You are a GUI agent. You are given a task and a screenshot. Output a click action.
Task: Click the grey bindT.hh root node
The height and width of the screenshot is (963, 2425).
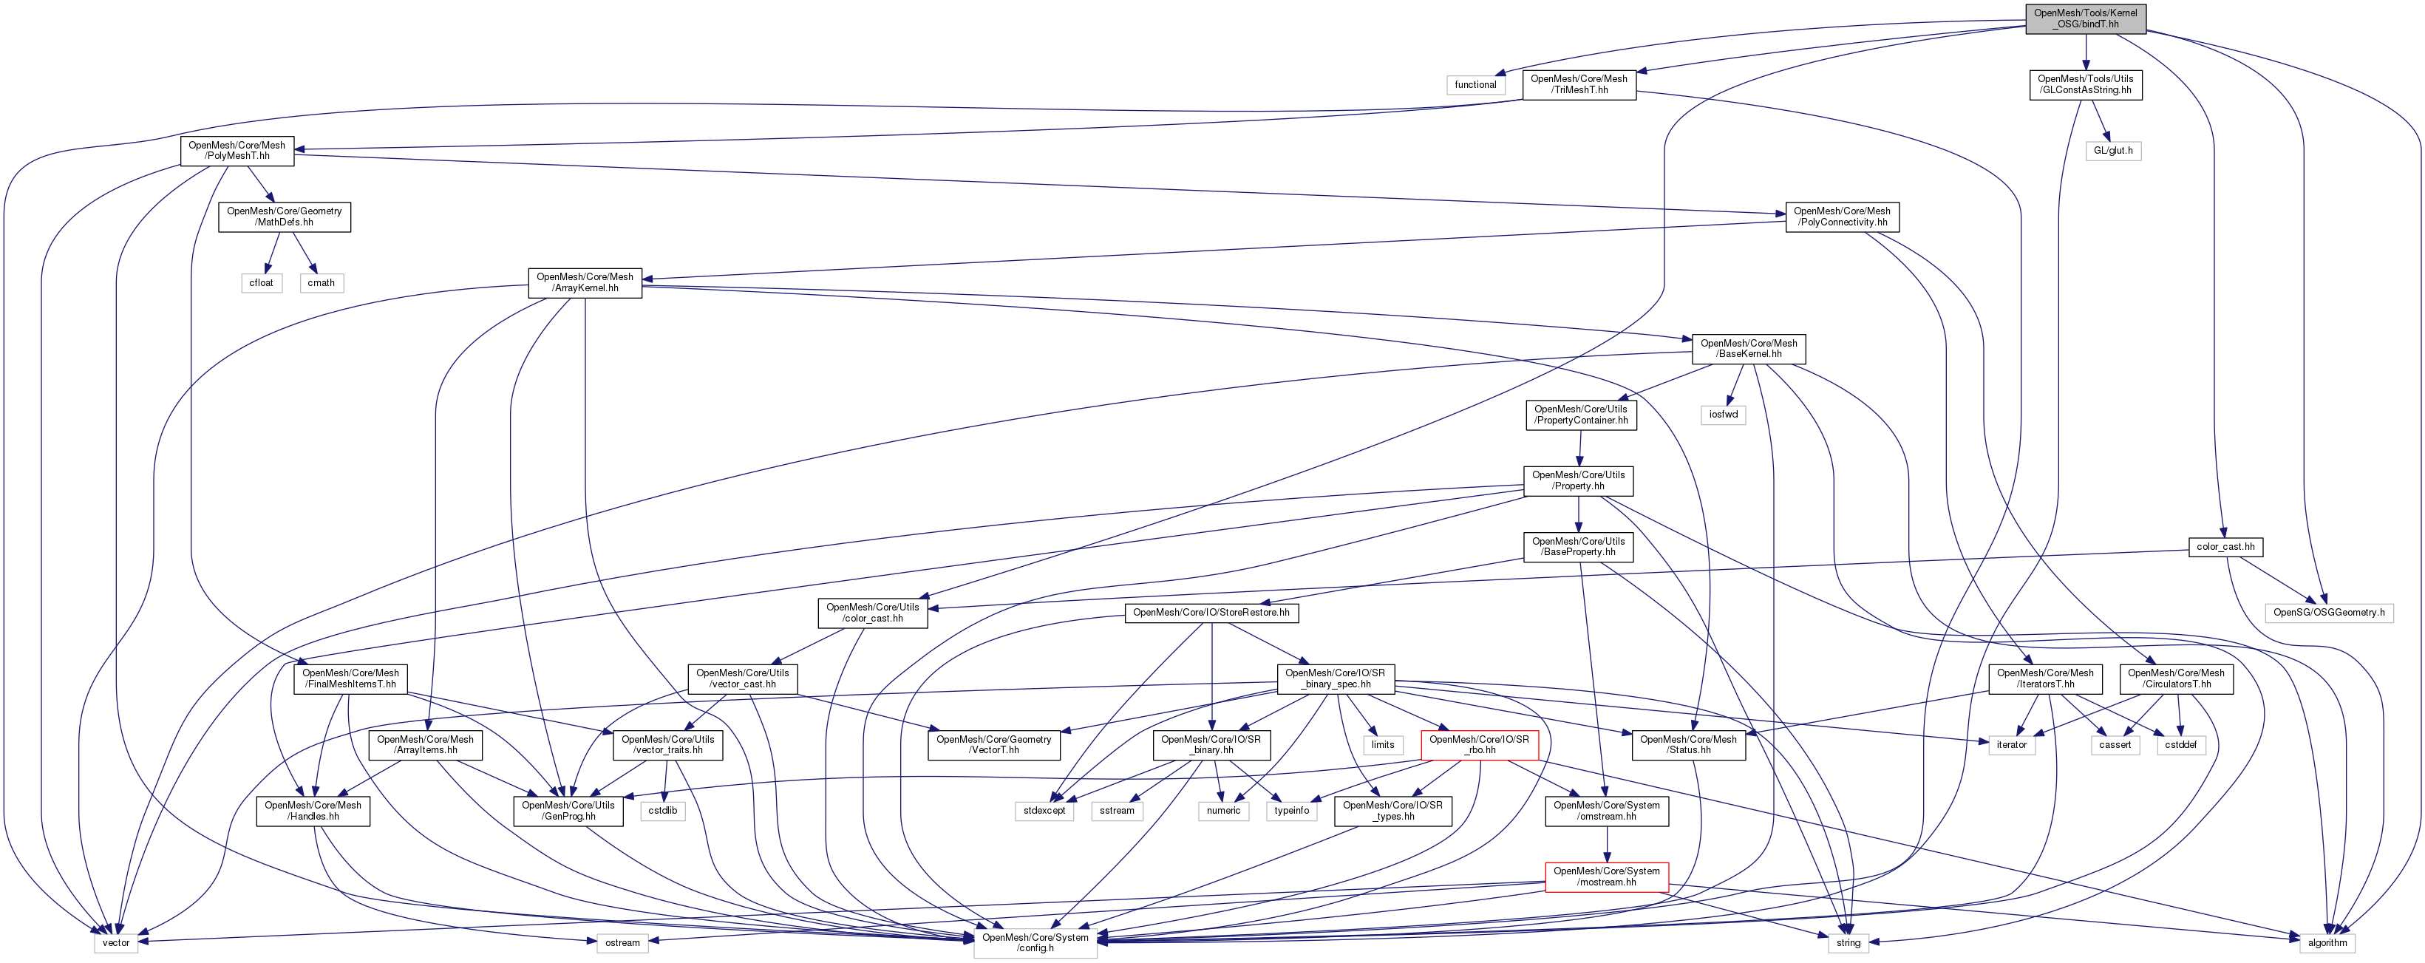click(2085, 18)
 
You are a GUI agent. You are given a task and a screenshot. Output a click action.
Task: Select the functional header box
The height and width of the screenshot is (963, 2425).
click(1475, 85)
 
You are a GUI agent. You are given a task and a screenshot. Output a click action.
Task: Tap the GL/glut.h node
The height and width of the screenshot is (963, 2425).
click(2112, 151)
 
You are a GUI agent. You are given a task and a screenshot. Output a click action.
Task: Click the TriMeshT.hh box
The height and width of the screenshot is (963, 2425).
click(1579, 85)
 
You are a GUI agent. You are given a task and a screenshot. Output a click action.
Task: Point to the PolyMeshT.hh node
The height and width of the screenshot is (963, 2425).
click(237, 151)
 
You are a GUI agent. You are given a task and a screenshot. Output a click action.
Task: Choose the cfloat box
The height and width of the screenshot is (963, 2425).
click(261, 282)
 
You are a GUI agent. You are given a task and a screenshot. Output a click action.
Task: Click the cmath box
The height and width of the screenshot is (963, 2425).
click(321, 282)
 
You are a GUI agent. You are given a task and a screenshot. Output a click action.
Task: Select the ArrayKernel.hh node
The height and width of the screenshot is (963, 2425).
click(585, 282)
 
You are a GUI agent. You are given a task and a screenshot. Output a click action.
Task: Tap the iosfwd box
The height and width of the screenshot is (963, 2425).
click(1723, 414)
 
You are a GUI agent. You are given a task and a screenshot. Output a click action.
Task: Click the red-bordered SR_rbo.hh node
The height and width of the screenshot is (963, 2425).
click(1479, 745)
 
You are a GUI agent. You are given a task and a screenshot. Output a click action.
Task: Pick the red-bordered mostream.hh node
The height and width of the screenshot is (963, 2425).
click(1606, 877)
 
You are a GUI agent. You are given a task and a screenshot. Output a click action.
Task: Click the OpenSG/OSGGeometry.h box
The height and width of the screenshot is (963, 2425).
click(2329, 613)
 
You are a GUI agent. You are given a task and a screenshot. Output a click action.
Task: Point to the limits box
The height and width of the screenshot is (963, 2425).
click(1382, 745)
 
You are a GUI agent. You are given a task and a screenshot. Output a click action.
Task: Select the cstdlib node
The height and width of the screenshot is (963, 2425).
click(663, 811)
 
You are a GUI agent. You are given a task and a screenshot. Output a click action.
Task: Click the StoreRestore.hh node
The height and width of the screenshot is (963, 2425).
click(1211, 613)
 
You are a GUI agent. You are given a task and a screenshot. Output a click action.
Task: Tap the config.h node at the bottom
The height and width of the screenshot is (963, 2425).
click(1035, 942)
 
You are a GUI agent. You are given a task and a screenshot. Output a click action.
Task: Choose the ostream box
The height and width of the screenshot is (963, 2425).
click(622, 942)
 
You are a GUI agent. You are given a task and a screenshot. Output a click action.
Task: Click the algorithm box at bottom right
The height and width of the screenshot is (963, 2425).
click(2327, 942)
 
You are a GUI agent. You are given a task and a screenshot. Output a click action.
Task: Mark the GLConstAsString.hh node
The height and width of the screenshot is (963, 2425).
click(2084, 85)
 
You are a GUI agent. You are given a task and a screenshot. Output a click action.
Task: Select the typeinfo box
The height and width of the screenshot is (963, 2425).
click(1290, 811)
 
